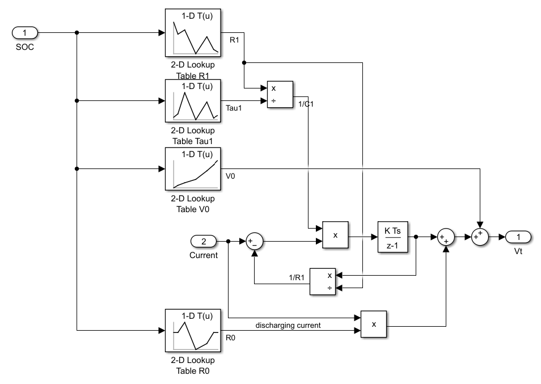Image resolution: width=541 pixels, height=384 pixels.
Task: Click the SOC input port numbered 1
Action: pyautogui.click(x=24, y=32)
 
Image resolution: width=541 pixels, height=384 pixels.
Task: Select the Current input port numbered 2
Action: pyautogui.click(x=204, y=242)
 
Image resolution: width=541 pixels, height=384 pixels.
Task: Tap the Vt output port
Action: pyautogui.click(x=518, y=237)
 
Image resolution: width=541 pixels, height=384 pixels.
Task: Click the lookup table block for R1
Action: pyautogui.click(x=193, y=32)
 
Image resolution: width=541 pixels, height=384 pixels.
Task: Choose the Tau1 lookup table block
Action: pyautogui.click(x=193, y=100)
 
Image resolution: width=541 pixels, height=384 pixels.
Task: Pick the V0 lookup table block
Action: pyautogui.click(x=193, y=168)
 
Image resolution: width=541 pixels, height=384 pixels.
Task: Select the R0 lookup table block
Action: pyautogui.click(x=193, y=330)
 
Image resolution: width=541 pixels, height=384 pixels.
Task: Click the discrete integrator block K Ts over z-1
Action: pyautogui.click(x=392, y=237)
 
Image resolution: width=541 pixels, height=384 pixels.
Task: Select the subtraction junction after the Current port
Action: pyautogui.click(x=253, y=242)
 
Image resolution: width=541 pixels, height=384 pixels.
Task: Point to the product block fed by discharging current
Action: pyautogui.click(x=374, y=324)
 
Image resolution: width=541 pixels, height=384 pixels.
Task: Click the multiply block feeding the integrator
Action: pyautogui.click(x=335, y=235)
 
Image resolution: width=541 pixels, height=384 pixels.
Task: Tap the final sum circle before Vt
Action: pyautogui.click(x=480, y=237)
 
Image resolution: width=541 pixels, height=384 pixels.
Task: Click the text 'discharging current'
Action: pyautogui.click(x=288, y=326)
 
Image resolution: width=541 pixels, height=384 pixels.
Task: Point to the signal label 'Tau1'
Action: pyautogui.click(x=234, y=108)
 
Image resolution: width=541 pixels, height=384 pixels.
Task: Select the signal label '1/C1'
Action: pyautogui.click(x=306, y=104)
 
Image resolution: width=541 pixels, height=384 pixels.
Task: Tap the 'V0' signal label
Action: pyautogui.click(x=230, y=176)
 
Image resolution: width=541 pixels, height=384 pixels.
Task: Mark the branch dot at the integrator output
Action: pyautogui.click(x=416, y=237)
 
